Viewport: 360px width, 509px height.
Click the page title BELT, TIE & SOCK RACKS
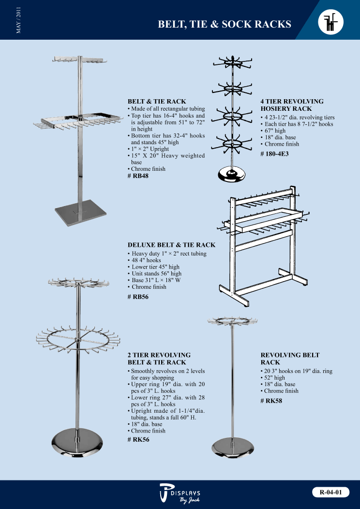point(225,24)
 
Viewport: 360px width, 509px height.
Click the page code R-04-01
point(331,492)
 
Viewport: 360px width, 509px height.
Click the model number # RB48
point(138,176)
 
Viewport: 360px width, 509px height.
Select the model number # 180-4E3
point(275,153)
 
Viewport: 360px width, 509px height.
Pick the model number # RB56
point(138,297)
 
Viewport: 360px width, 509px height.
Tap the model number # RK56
point(138,440)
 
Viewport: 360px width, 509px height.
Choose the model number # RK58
point(271,401)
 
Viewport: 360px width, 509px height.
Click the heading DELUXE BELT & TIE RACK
point(171,245)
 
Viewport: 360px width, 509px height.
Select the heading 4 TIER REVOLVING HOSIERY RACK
point(292,105)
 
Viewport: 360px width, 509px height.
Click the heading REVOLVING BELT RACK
point(290,359)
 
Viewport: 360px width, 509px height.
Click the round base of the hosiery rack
point(231,175)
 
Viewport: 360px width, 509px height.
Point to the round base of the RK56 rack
point(77,443)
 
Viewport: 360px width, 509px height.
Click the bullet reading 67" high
point(273,131)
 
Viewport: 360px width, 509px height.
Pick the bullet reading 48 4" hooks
point(145,260)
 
